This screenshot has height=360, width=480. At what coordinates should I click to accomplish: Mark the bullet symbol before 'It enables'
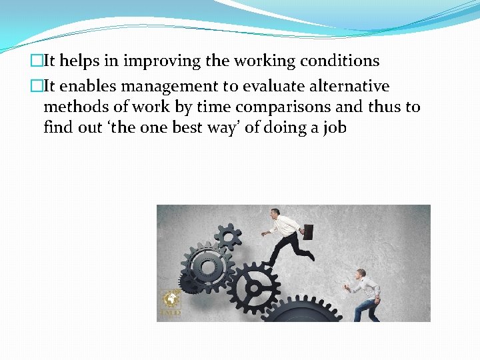tap(37, 87)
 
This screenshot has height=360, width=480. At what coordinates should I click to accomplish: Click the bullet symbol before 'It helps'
tap(37, 61)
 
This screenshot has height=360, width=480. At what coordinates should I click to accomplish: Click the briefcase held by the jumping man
tap(307, 231)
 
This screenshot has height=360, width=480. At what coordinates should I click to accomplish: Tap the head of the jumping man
tap(276, 213)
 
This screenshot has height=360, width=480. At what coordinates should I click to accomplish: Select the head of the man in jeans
tap(361, 273)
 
